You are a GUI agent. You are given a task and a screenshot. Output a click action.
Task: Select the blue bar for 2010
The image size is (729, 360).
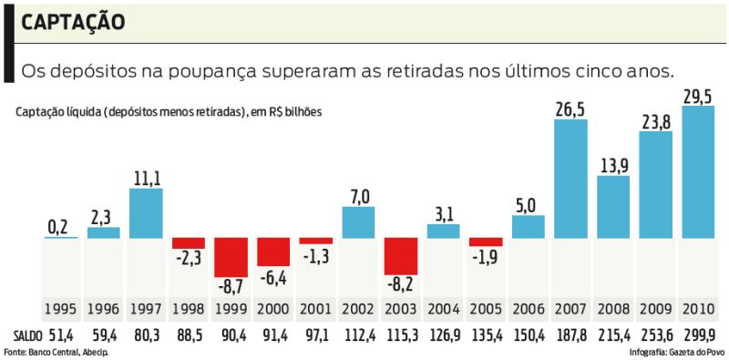click(x=698, y=172)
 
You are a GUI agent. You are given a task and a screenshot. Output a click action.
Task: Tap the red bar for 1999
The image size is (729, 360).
click(x=231, y=257)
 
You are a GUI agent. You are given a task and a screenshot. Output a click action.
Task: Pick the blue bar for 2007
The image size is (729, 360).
click(x=570, y=179)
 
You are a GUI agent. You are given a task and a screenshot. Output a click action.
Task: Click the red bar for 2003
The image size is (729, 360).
click(x=401, y=256)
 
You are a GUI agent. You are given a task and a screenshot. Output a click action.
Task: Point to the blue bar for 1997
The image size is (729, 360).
click(x=146, y=213)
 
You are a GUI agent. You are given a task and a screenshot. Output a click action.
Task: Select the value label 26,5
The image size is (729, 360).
click(x=570, y=109)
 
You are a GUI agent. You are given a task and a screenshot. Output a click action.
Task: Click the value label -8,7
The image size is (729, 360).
click(x=231, y=287)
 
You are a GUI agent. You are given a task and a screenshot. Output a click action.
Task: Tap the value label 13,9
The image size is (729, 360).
click(x=613, y=165)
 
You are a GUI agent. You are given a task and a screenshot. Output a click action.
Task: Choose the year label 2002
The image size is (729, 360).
click(x=358, y=309)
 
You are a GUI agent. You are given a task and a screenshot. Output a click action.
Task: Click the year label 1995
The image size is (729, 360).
click(x=60, y=309)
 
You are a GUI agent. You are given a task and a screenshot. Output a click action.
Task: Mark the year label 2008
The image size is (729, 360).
click(x=613, y=309)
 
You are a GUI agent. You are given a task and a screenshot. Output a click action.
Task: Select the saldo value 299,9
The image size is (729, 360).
click(x=698, y=334)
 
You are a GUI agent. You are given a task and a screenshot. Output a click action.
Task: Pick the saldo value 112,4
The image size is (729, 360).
click(x=358, y=334)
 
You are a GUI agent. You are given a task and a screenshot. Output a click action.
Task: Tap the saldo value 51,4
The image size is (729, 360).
click(x=60, y=334)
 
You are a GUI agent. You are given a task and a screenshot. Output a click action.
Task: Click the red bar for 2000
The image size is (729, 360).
click(x=273, y=252)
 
